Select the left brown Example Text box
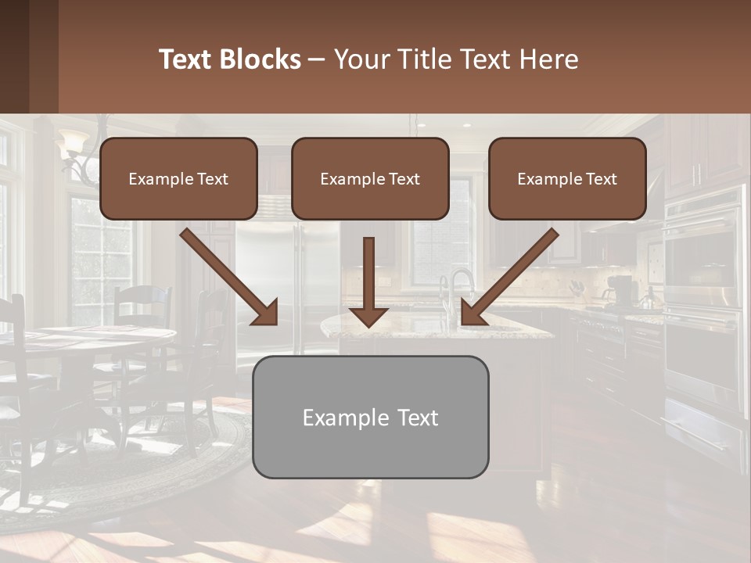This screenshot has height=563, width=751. pos(178,178)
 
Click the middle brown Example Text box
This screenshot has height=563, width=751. pos(370,178)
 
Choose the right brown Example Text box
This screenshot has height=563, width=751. pos(567,178)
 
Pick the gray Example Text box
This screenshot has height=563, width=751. pos(370,417)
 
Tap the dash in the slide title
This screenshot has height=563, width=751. pos(318,59)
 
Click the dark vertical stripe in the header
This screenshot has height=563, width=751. pos(44,56)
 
